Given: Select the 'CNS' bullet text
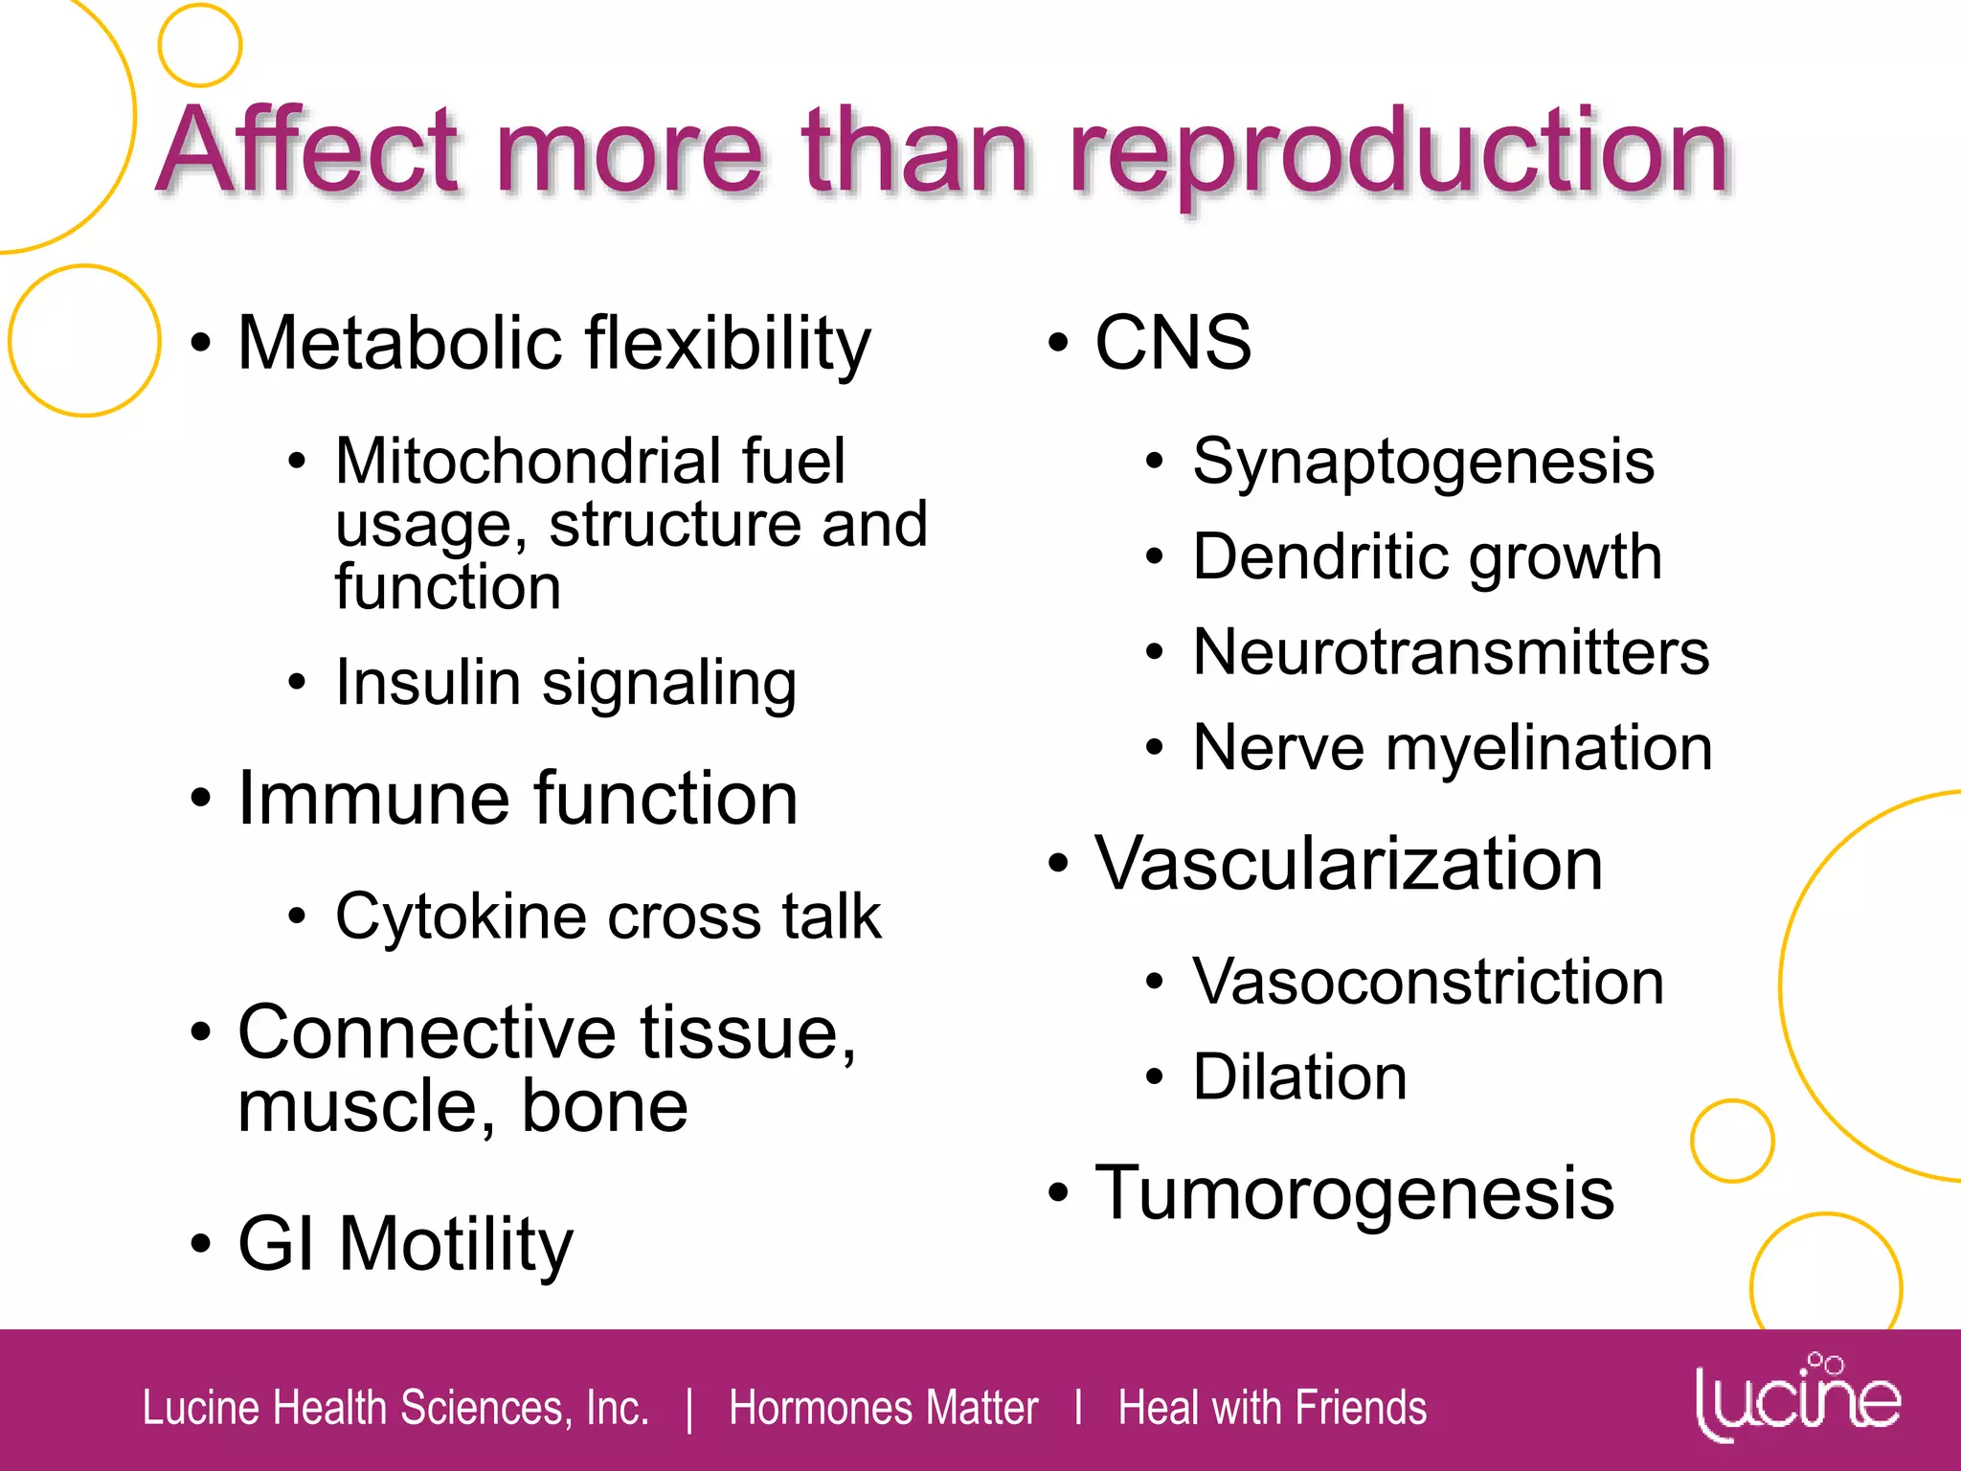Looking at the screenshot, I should [1173, 342].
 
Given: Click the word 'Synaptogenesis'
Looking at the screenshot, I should [1423, 463].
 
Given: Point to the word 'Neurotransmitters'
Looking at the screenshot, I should [1451, 653].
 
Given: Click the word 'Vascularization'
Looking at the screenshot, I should [1348, 864].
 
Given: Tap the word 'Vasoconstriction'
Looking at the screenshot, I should [1428, 982].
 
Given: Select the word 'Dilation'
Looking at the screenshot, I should [1299, 1077].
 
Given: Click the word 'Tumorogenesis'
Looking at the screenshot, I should [1354, 1193].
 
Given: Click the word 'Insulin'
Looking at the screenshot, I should [428, 683].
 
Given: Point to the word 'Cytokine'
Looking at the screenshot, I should [461, 917].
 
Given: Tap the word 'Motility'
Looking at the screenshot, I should [456, 1245].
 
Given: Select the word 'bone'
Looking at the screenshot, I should [604, 1106].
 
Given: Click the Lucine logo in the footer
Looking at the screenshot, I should [1796, 1397].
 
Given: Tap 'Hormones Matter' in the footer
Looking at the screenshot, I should [883, 1408].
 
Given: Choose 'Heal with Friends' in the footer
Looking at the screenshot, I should [1272, 1408].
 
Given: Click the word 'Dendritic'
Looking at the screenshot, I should [1320, 557].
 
